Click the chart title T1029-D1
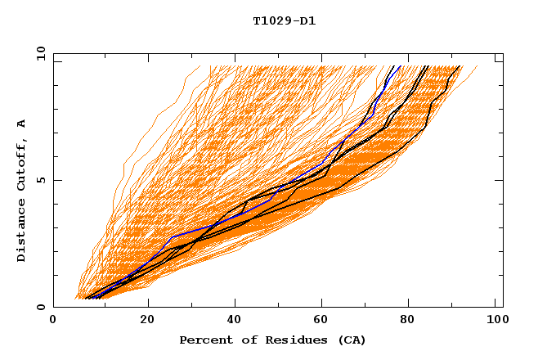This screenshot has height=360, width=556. [x=284, y=21]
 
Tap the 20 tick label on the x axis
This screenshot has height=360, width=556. [x=147, y=321]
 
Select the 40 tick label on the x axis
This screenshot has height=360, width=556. [x=235, y=321]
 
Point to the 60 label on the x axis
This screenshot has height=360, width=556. [x=325, y=321]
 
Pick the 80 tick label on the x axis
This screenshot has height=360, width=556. [x=413, y=321]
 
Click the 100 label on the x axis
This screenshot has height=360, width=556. [x=495, y=321]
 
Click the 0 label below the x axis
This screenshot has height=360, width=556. [x=53, y=321]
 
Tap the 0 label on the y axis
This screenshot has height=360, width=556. [x=40, y=307]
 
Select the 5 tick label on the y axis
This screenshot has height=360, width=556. [x=40, y=180]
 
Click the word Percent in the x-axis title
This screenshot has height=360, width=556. [x=202, y=340]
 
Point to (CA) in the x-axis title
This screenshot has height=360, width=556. [x=350, y=340]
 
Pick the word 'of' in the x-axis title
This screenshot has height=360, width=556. [x=240, y=340]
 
